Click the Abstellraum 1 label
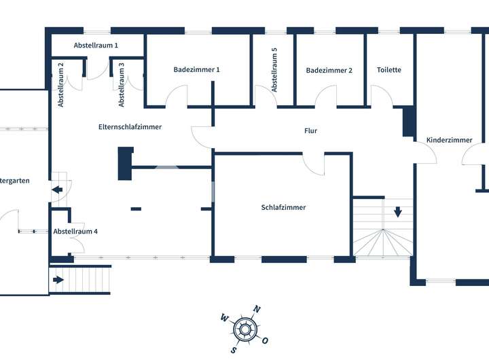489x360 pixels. [96, 46]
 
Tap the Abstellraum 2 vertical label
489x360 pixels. [61, 85]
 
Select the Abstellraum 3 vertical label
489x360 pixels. [122, 85]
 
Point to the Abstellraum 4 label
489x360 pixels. [75, 232]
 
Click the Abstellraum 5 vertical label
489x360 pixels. [274, 70]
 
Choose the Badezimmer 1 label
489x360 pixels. [196, 69]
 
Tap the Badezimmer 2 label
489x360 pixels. [329, 70]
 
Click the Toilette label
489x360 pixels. [389, 70]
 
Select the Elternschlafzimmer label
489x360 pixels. [130, 126]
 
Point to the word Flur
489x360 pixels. [310, 131]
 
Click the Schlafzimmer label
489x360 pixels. [283, 208]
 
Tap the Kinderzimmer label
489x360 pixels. [449, 141]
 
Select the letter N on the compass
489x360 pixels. [257, 310]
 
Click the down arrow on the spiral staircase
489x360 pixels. [397, 211]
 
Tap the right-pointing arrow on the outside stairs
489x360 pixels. [59, 279]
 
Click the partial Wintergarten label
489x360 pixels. [14, 181]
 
